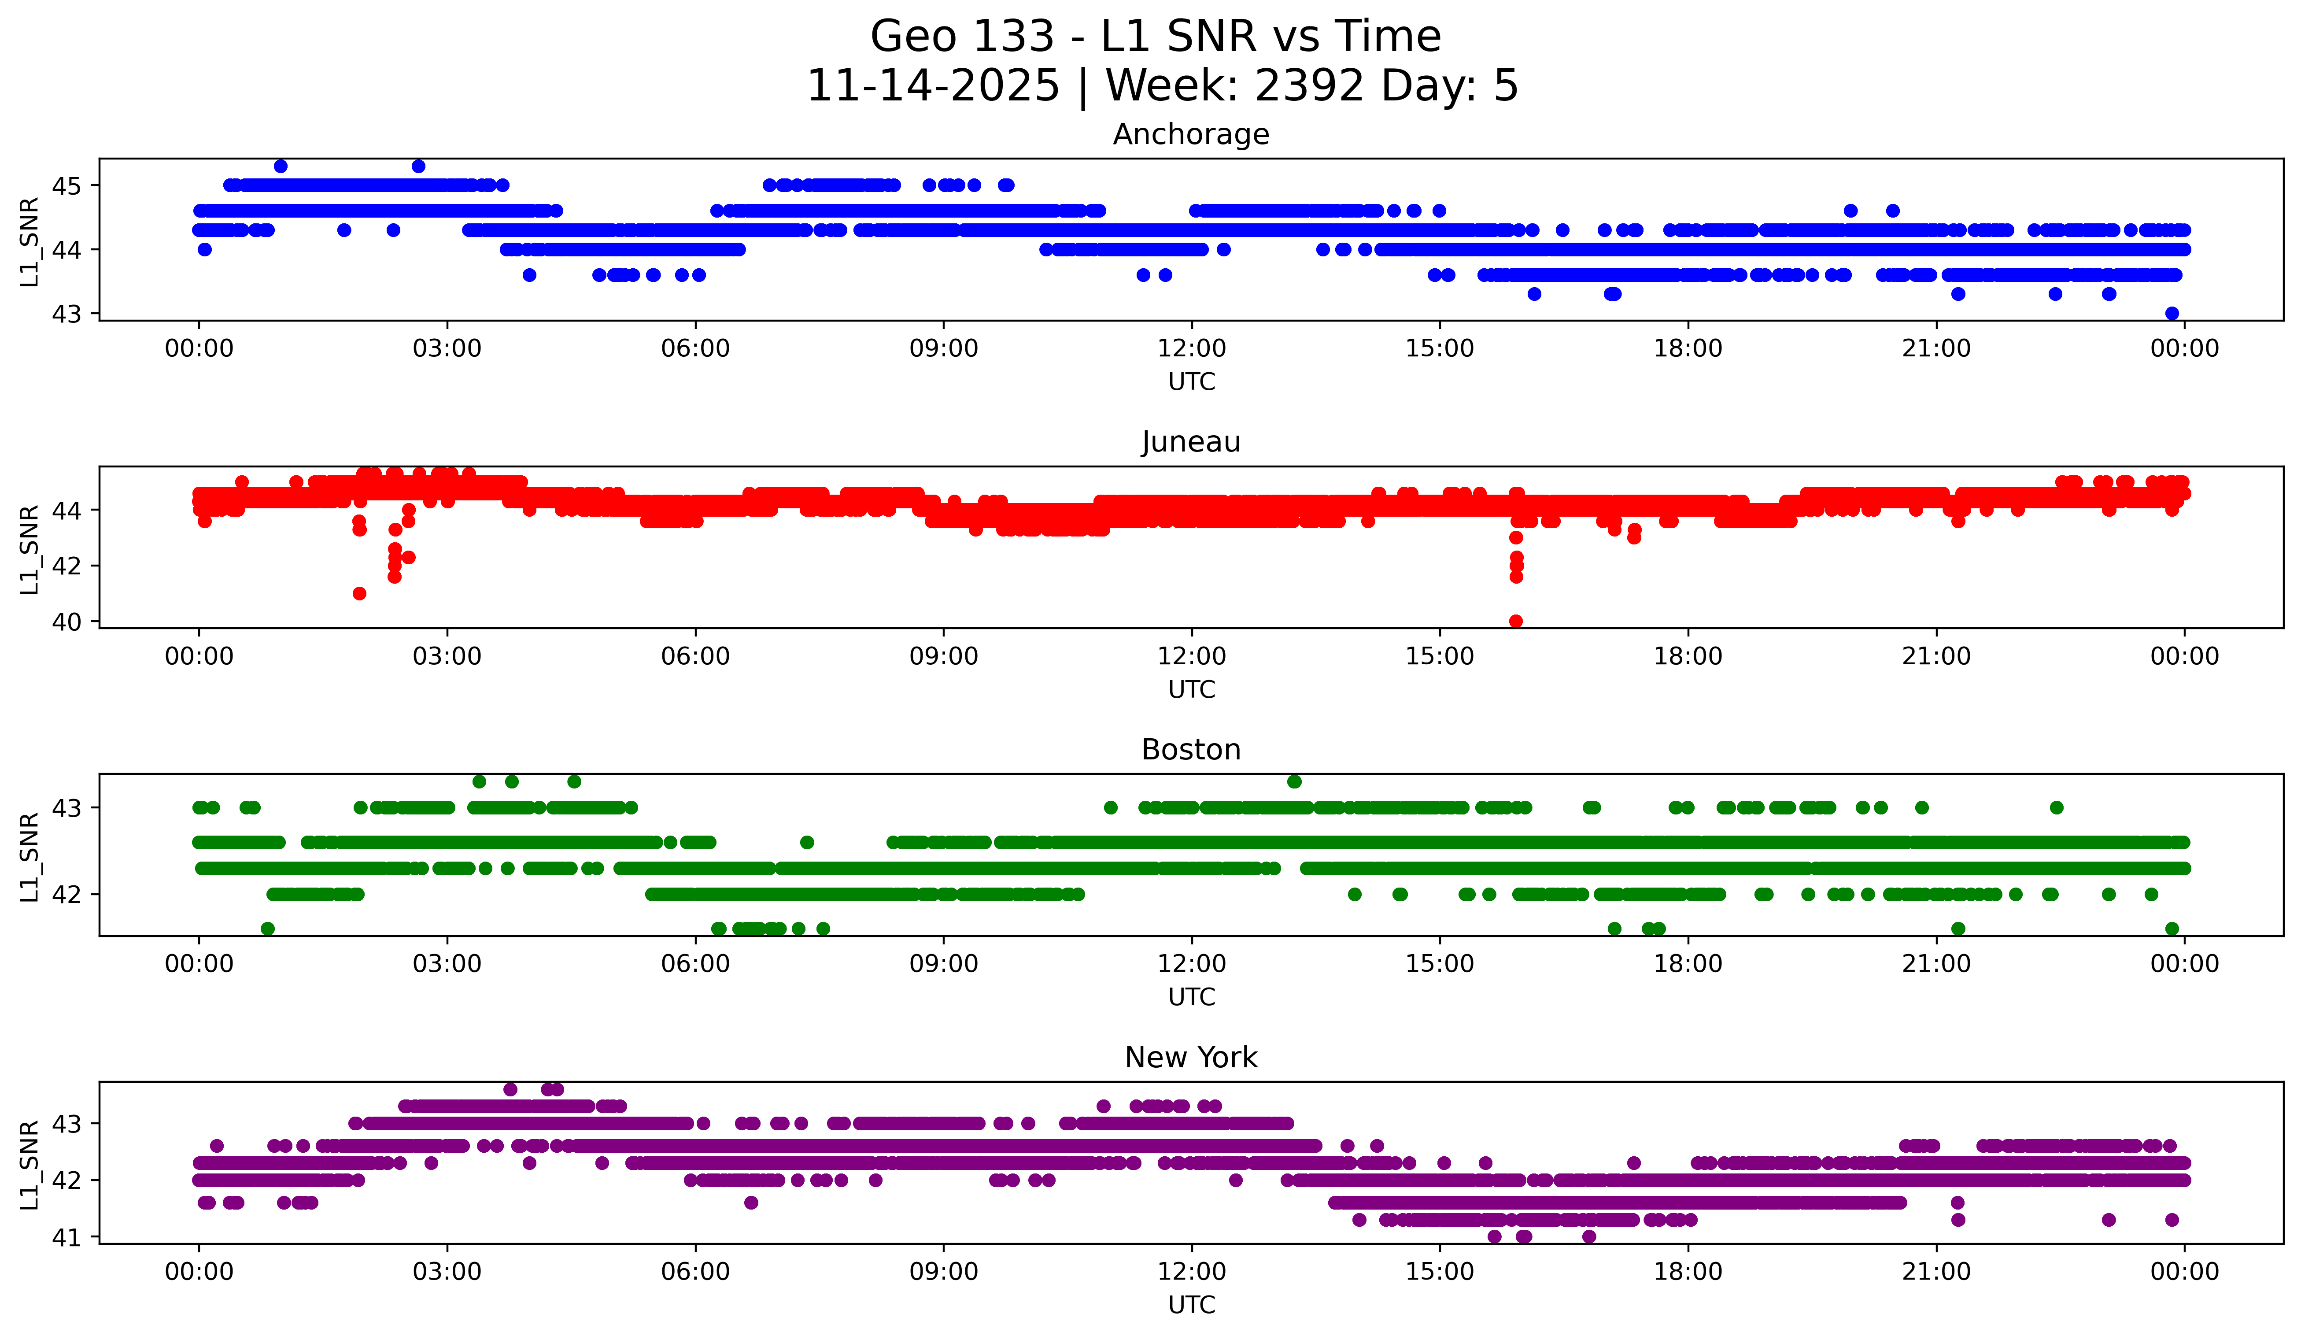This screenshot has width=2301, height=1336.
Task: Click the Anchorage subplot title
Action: click(1191, 134)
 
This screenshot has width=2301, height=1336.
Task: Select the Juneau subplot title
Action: click(1191, 442)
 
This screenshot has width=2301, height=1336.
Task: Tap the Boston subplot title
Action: click(1191, 750)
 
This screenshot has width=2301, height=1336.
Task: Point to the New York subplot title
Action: click(1191, 1058)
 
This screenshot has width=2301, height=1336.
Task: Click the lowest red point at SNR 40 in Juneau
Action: click(1516, 621)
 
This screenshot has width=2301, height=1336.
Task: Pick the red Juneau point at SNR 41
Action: click(360, 594)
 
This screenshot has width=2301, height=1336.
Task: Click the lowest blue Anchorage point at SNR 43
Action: click(2172, 313)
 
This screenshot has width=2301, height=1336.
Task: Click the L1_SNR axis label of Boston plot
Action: click(29, 857)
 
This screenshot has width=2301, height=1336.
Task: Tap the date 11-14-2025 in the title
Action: click(933, 86)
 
